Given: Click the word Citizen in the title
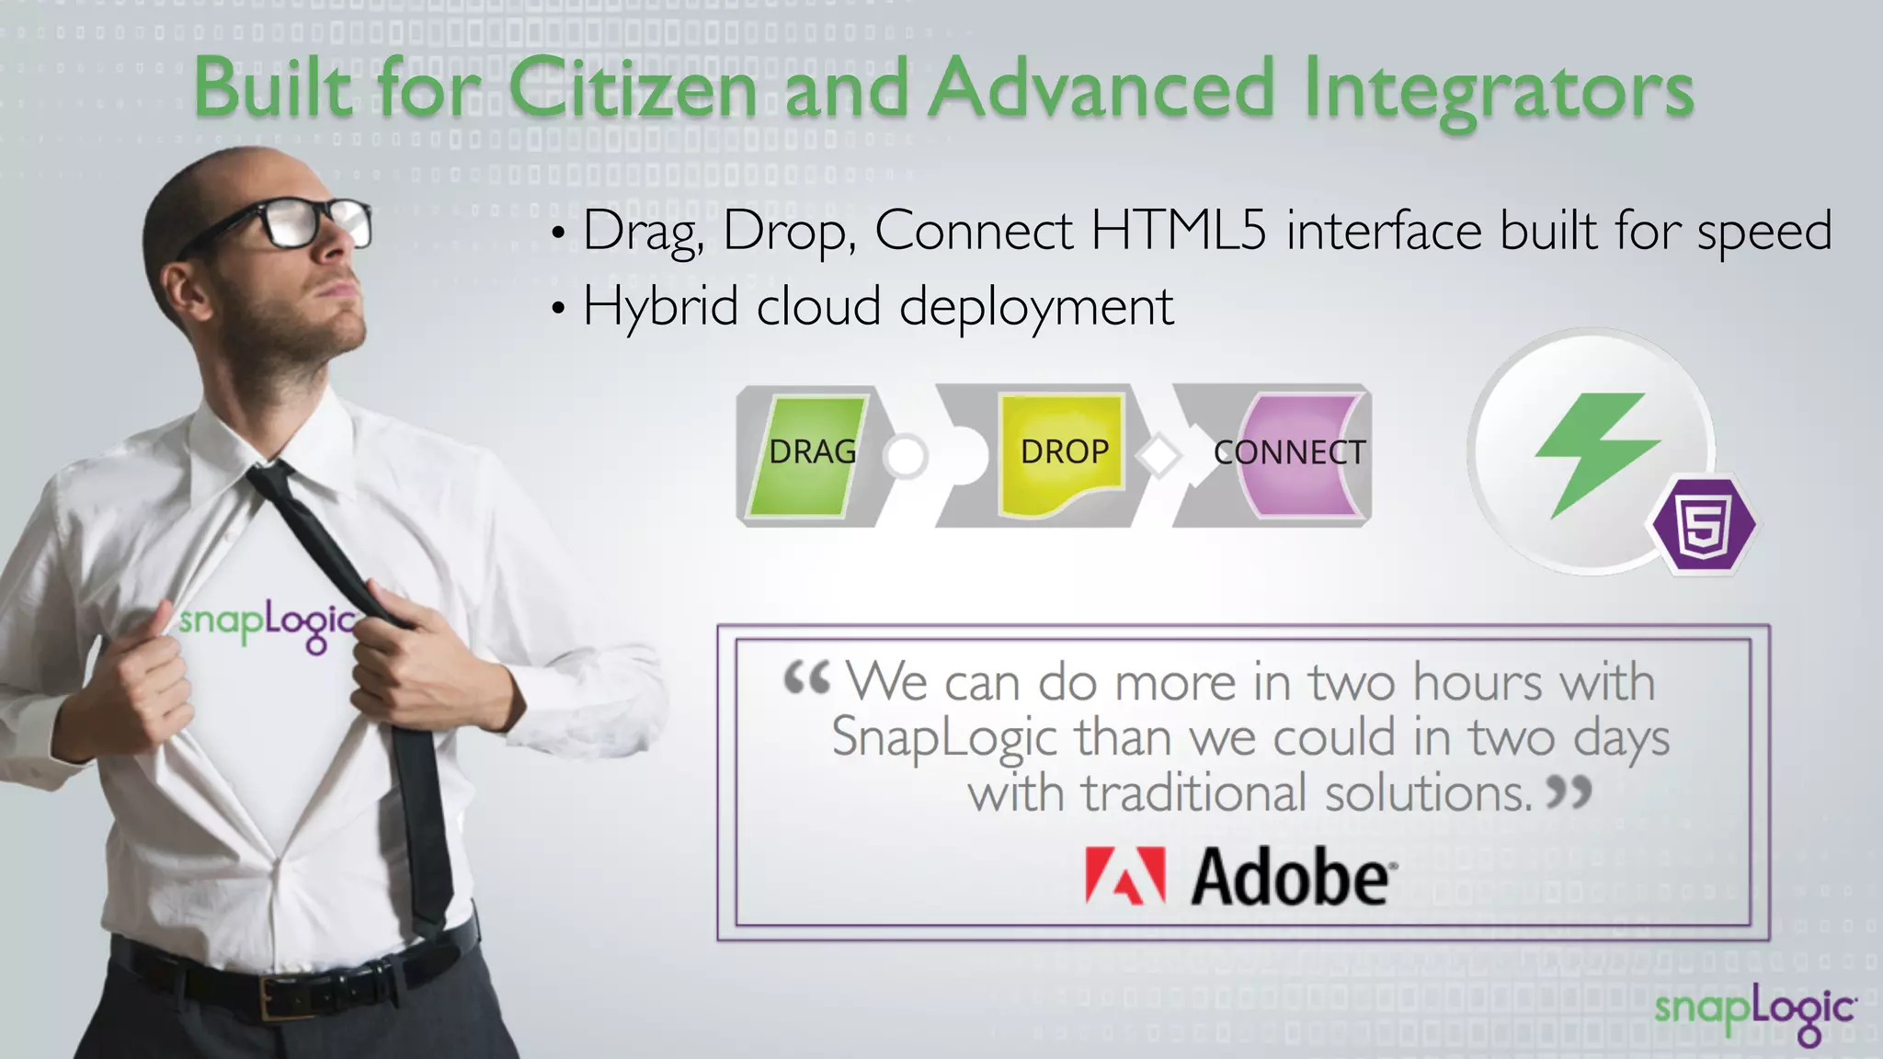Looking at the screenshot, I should click(633, 88).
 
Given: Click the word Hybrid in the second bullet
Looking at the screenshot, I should click(660, 306).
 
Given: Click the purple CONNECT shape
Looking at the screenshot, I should click(1296, 454).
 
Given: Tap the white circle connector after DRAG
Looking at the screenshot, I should click(906, 456).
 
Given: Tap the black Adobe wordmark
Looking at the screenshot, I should click(1292, 878).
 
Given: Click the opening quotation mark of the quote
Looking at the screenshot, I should click(806, 680).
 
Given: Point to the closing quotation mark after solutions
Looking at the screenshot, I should click(1569, 791).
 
